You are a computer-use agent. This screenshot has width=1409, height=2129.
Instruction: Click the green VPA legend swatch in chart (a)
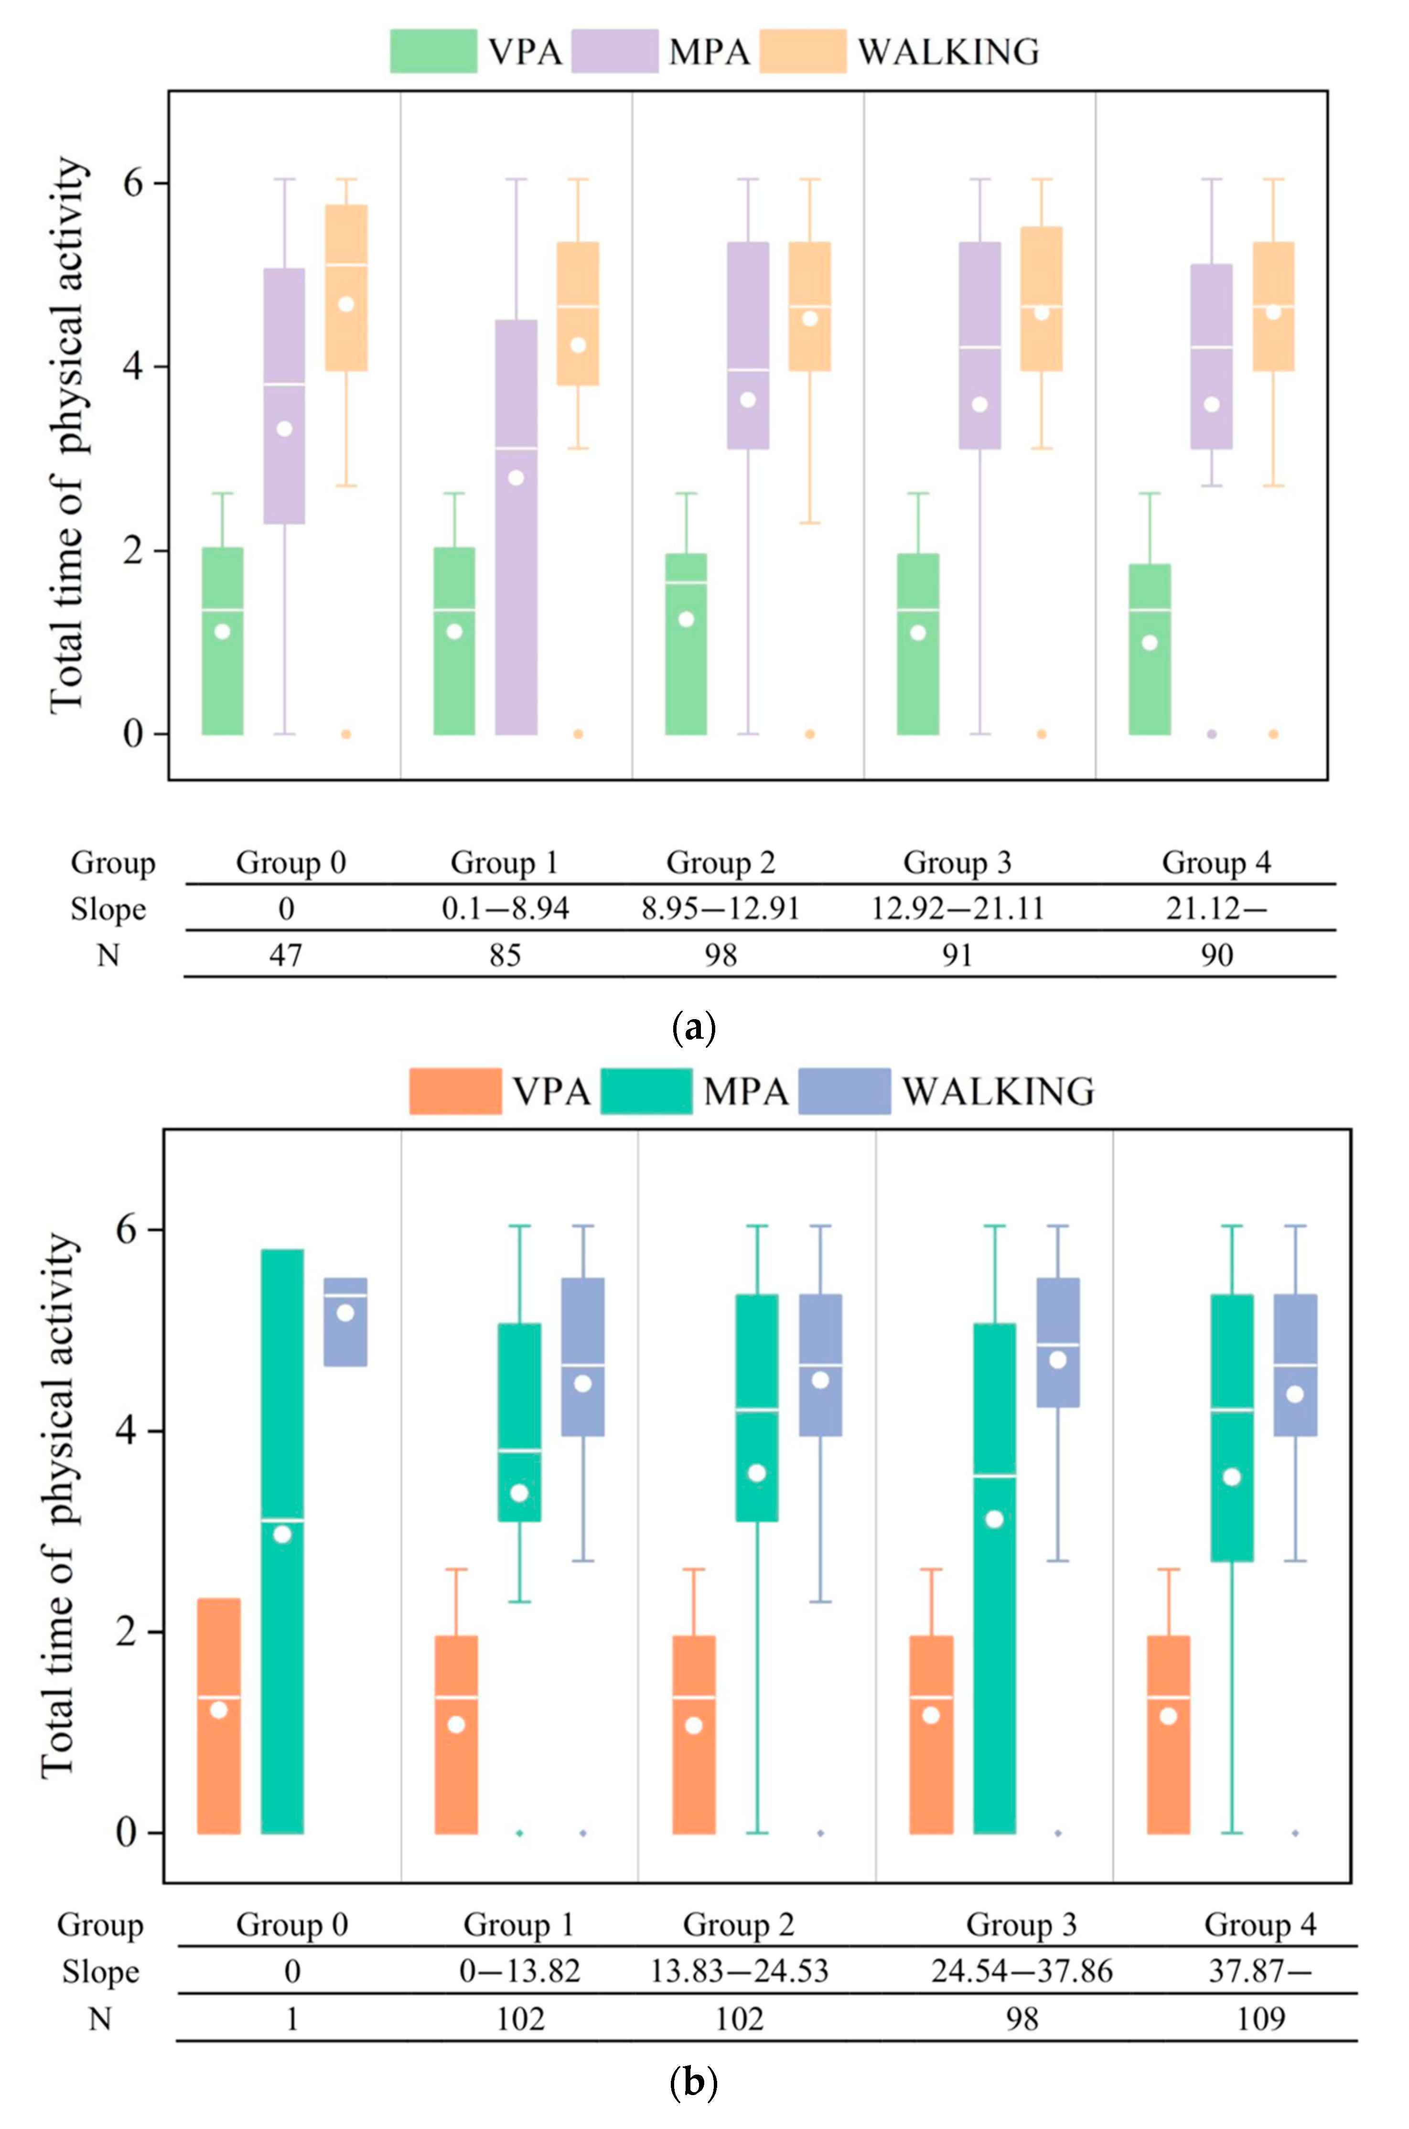click(x=433, y=51)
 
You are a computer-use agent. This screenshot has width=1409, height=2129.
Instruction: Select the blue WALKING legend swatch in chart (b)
click(x=844, y=1091)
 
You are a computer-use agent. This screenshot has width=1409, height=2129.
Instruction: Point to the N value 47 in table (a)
click(x=286, y=955)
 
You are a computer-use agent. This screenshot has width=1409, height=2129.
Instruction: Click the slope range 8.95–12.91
click(x=721, y=909)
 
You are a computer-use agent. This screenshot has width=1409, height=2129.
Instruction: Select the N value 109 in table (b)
click(x=1260, y=2019)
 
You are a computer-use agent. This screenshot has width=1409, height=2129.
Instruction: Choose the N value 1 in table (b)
click(x=292, y=2019)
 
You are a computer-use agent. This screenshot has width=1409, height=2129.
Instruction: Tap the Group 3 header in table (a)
click(x=957, y=863)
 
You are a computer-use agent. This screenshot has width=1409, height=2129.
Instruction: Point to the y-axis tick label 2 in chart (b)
click(x=129, y=1631)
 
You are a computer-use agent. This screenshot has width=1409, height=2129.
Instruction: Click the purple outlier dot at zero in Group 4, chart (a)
click(x=1211, y=734)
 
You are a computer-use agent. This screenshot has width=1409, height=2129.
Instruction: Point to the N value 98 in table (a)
click(x=721, y=955)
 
